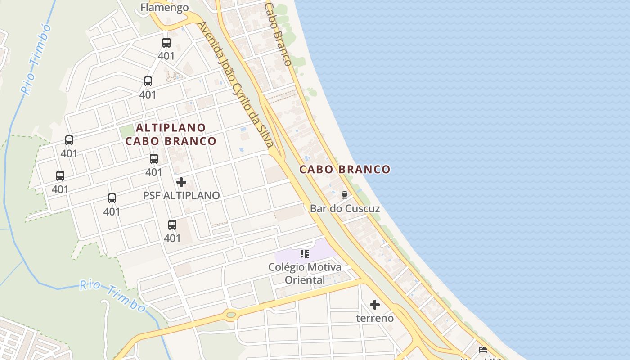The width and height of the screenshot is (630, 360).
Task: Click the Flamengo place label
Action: point(164,8)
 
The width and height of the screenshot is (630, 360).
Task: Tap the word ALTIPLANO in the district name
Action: point(171,128)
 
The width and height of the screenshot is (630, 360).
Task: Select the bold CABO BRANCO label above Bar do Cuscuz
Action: point(345,170)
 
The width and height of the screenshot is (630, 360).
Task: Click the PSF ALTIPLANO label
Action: point(181,196)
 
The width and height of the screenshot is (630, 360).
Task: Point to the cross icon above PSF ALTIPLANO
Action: point(181,182)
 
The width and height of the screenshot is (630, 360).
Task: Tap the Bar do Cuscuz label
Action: point(345,209)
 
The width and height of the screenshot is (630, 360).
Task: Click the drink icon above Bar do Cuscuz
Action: point(345,195)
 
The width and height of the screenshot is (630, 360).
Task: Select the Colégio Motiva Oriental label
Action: point(305,273)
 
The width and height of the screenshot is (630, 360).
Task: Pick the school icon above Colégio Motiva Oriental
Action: point(305,254)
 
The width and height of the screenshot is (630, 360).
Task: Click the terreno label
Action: point(375,318)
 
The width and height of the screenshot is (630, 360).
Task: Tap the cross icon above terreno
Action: point(375,305)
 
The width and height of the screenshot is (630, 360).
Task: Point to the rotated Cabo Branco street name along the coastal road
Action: point(278,35)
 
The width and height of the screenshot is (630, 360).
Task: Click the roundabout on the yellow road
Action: point(231,315)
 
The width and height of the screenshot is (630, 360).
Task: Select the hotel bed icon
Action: point(483,350)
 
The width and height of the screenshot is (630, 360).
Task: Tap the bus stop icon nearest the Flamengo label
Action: point(166,43)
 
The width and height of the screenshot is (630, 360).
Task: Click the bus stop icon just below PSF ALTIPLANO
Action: point(172,225)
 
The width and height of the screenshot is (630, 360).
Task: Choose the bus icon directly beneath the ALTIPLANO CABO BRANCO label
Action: point(154,159)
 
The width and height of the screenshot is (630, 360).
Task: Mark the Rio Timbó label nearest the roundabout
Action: point(113,295)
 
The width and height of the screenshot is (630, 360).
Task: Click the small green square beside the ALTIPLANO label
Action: point(127,131)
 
